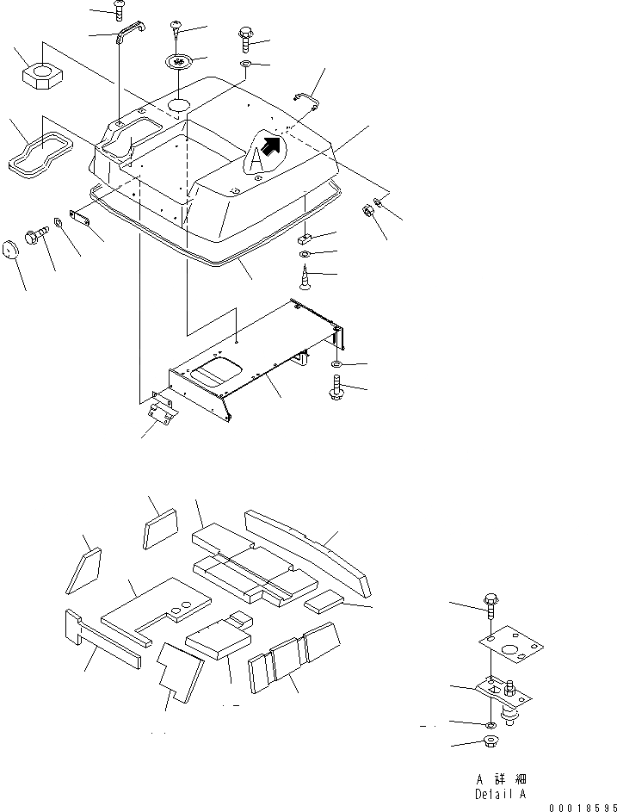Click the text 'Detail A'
[500, 793]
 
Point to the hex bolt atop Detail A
[490, 604]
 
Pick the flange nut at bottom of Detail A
[488, 743]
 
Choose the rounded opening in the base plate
[214, 372]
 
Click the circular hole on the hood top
[179, 104]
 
